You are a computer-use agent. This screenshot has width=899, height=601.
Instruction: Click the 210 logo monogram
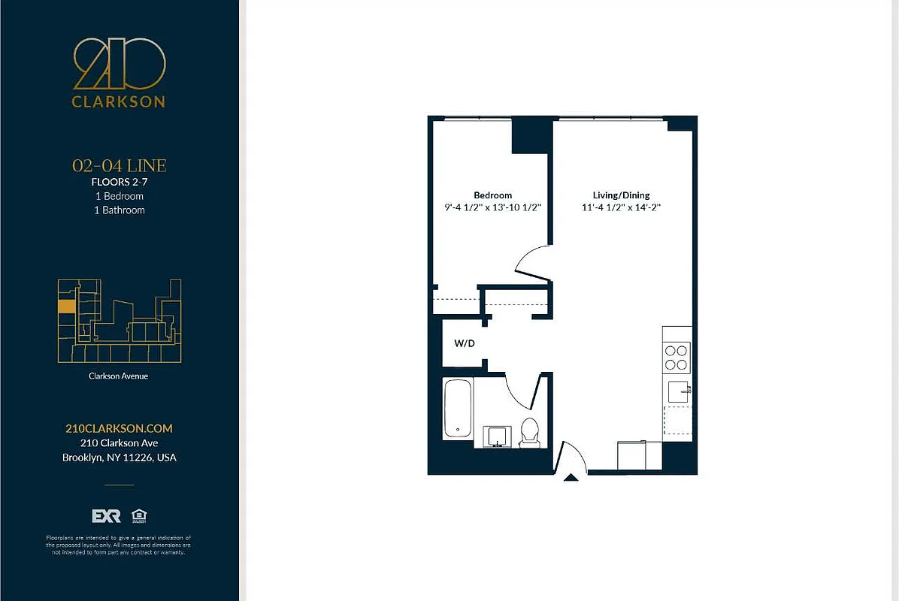[x=119, y=65]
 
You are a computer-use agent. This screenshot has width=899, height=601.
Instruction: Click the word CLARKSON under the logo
[x=119, y=101]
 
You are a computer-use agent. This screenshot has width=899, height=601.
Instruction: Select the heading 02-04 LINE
[x=119, y=165]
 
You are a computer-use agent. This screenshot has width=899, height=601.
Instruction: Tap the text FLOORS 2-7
[x=119, y=182]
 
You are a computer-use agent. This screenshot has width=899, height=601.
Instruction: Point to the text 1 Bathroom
[x=119, y=210]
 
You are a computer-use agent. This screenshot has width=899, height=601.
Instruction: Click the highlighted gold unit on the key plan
[x=66, y=307]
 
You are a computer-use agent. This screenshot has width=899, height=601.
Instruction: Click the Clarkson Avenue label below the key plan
[x=119, y=376]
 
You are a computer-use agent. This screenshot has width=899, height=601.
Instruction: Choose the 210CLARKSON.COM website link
[x=119, y=428]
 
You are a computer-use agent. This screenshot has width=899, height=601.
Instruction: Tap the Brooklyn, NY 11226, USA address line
[x=119, y=458]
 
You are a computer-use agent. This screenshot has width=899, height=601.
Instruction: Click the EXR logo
[x=106, y=516]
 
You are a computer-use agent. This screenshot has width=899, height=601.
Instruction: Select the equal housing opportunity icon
[x=138, y=515]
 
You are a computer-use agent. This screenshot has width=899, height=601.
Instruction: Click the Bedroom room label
[x=492, y=195]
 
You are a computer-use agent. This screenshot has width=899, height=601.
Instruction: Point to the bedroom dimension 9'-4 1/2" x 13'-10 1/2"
[x=492, y=207]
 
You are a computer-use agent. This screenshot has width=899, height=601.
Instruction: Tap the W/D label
[x=465, y=343]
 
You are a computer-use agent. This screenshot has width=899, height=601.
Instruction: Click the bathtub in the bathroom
[x=458, y=409]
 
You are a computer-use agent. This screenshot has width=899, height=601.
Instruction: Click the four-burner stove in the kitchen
[x=677, y=357]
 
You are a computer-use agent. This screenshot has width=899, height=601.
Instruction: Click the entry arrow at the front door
[x=571, y=476]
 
